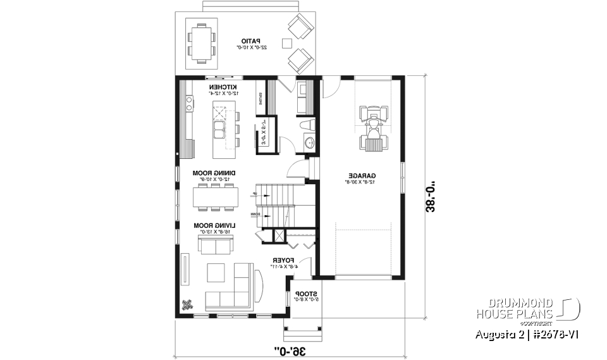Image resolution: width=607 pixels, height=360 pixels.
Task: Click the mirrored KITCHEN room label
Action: click(x=223, y=87)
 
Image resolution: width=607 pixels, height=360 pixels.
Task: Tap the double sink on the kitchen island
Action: click(x=219, y=130)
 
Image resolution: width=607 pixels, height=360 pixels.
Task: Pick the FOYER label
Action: click(x=279, y=260)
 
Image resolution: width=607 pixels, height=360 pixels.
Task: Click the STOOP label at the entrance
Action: click(x=302, y=294)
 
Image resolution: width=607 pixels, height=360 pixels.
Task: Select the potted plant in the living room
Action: click(x=187, y=304)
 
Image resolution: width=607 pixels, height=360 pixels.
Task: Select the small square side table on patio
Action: click(x=286, y=43)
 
